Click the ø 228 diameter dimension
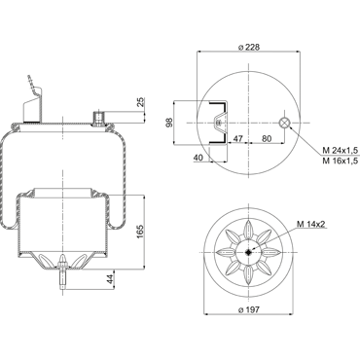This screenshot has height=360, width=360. click(x=249, y=47)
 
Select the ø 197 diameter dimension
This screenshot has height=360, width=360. click(x=249, y=309)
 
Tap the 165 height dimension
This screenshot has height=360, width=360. click(x=140, y=232)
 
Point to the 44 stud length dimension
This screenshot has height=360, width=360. click(x=111, y=279)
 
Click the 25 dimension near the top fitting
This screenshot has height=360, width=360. click(x=141, y=102)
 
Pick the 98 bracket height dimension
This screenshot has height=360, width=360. click(x=168, y=123)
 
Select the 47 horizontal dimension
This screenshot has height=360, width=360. click(x=238, y=138)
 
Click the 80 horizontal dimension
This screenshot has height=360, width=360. click(x=267, y=138)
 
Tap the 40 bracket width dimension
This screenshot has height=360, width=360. click(x=198, y=158)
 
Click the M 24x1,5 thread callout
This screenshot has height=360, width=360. click(x=340, y=151)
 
